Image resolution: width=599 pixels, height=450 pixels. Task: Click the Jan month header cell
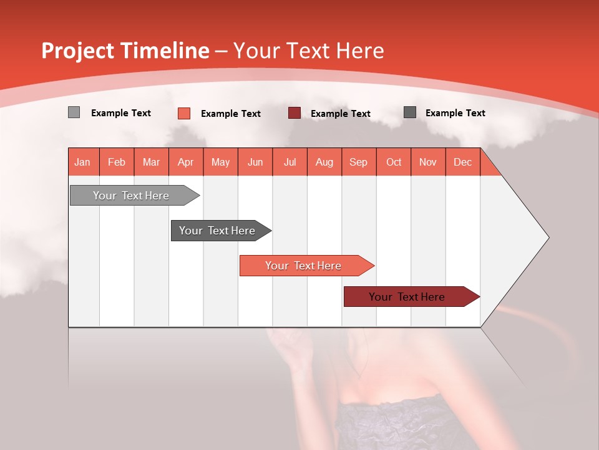tap(83, 162)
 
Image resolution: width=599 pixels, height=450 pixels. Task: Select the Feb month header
tap(117, 162)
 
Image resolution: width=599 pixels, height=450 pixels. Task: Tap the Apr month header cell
tap(186, 162)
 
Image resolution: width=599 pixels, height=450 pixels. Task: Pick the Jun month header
tap(255, 162)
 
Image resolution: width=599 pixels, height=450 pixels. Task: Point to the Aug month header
tap(324, 162)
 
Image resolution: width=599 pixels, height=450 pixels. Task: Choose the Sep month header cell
tap(359, 162)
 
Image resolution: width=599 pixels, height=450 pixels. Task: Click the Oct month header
tap(394, 162)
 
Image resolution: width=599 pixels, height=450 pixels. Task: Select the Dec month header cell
tap(463, 162)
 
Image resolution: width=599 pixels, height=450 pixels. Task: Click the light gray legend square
tap(74, 112)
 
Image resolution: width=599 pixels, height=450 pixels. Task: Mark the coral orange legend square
tap(184, 113)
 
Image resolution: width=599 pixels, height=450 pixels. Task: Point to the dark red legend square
tap(295, 112)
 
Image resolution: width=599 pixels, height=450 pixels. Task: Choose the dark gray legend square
tap(410, 112)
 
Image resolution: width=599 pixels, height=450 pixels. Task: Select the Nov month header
tap(428, 162)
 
